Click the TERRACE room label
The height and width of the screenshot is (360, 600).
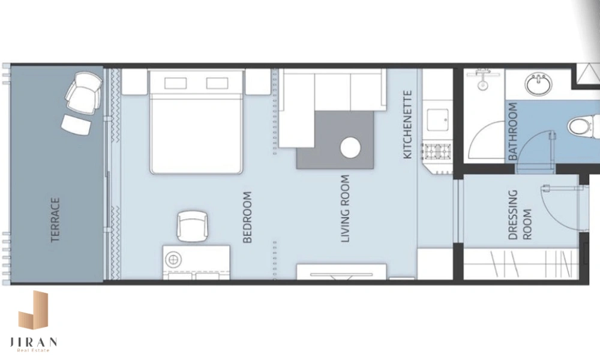pos(55,220)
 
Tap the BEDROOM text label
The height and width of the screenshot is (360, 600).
pos(248,217)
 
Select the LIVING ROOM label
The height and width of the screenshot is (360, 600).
pos(346,209)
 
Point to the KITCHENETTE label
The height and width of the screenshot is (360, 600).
pos(407,124)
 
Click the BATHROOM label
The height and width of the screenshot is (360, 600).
pos(513,131)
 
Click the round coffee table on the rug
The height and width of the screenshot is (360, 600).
pos(350,148)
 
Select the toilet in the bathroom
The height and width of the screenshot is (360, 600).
pos(583,126)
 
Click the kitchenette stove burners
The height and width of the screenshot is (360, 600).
pos(437,152)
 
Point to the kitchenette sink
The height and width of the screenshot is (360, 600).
pos(437,120)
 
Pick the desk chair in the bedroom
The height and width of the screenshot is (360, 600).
pos(193,226)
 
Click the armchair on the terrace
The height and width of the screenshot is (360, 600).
pos(84,92)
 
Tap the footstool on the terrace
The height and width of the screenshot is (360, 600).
pos(77,124)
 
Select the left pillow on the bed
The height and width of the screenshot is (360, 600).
pos(176,83)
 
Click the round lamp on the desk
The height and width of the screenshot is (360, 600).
pos(173,259)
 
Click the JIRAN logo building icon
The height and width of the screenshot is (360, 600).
pos(33,310)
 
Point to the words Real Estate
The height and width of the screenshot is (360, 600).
pos(33,350)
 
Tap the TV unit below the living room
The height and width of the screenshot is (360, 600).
pos(341,272)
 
